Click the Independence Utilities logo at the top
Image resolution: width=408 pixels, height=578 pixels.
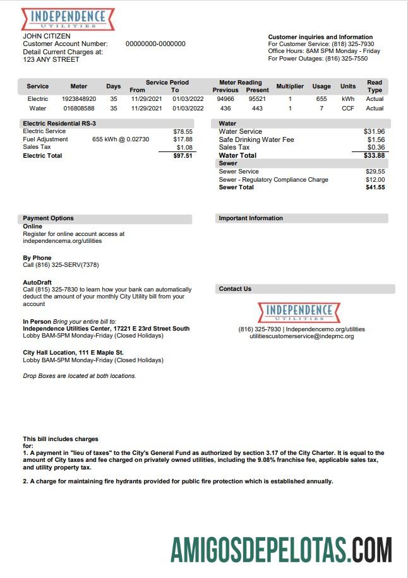68,18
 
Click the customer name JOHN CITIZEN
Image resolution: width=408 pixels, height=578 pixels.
47,36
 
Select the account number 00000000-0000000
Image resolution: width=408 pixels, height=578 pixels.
155,44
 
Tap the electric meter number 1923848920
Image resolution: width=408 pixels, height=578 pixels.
79,99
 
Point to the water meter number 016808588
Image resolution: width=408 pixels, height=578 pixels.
79,109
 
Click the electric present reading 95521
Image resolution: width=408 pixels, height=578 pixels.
257,99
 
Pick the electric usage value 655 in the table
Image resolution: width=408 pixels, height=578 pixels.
321,99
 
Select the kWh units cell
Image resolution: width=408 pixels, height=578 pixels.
348,99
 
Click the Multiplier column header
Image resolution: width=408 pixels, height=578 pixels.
290,86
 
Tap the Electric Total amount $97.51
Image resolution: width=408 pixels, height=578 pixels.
183,155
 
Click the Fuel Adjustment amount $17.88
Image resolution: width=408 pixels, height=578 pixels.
183,139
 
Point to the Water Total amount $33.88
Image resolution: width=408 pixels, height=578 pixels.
375,155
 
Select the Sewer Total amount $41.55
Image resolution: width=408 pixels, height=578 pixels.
375,187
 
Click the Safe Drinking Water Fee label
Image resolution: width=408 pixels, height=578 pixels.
256,139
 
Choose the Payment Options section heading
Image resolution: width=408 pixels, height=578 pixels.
49,218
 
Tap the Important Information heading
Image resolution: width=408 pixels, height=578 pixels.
251,218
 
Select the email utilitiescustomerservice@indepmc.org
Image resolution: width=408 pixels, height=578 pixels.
301,336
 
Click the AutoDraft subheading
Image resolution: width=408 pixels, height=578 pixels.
37,282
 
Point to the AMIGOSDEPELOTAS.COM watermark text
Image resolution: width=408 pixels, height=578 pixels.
281,550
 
